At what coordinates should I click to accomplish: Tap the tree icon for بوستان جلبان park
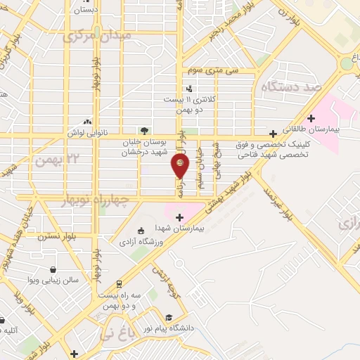click(x=144, y=130)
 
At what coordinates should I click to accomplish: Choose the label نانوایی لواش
click(x=86, y=132)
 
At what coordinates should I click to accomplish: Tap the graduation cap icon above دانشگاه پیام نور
click(x=169, y=317)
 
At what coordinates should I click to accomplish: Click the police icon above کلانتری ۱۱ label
click(x=189, y=89)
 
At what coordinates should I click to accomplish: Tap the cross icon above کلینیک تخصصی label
click(x=273, y=134)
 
